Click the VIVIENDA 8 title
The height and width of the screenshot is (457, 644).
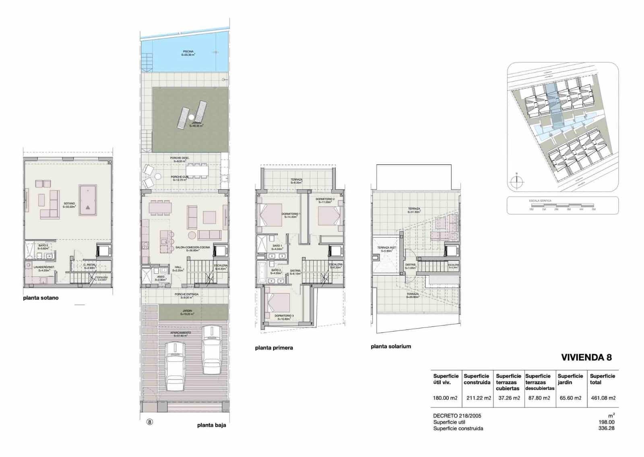click(x=586, y=358)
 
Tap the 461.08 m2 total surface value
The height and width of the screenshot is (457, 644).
click(x=603, y=398)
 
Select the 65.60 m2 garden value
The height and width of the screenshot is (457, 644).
click(x=570, y=398)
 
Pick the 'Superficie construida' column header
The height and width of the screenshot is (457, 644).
click(x=477, y=379)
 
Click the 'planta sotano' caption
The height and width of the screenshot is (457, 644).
click(x=41, y=298)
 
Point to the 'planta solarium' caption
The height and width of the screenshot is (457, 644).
click(x=391, y=346)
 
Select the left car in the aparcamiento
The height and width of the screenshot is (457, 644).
click(x=174, y=366)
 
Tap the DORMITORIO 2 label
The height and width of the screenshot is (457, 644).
click(x=325, y=199)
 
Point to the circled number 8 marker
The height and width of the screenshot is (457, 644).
click(x=149, y=422)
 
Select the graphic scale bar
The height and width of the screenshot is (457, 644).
click(x=562, y=207)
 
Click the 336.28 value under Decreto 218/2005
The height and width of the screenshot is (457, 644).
click(x=606, y=428)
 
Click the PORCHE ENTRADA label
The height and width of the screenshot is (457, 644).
click(x=186, y=294)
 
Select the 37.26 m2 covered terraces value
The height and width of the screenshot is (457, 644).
click(x=509, y=398)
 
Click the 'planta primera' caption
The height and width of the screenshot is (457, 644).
click(x=274, y=348)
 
